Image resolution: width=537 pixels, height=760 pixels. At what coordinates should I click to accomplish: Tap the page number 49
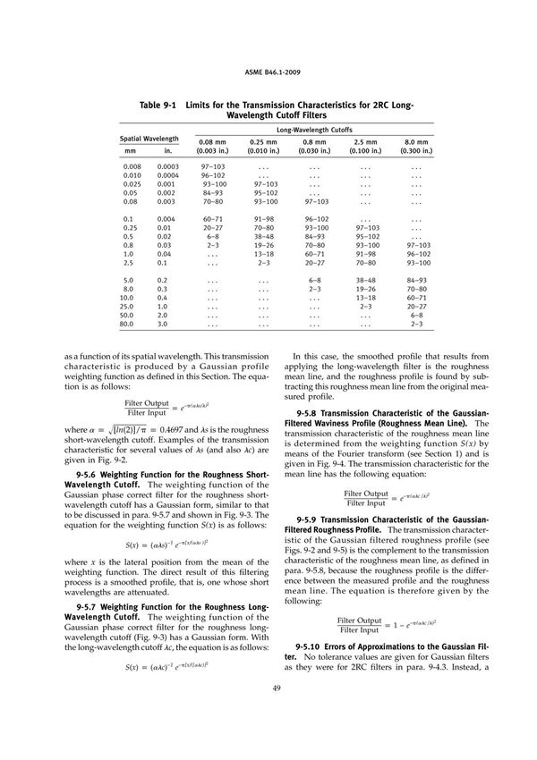(x=268, y=712)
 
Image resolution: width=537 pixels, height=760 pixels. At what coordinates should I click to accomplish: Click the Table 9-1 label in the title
(x=158, y=106)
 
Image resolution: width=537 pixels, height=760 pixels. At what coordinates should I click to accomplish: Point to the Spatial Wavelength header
(x=149, y=139)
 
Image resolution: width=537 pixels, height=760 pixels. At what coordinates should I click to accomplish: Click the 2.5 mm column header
(x=364, y=142)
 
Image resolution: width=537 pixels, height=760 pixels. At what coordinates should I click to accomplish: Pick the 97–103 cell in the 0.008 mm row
(x=213, y=166)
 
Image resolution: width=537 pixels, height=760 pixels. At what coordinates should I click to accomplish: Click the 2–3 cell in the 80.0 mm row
(x=416, y=325)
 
